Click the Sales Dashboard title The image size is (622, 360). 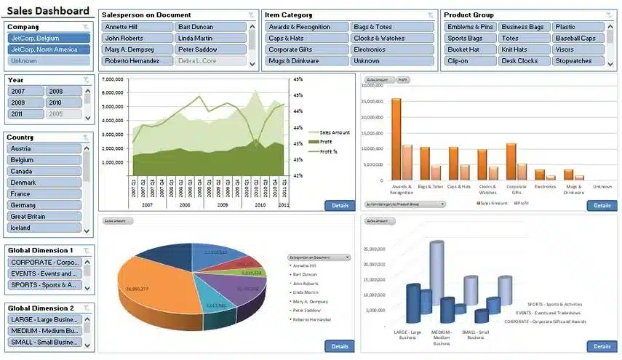point(48,11)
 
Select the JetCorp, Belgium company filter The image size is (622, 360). point(49,38)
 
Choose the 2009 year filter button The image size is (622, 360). point(25,103)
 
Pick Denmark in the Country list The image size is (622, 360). point(44,183)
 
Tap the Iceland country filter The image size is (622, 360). point(44,228)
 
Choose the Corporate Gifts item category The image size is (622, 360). point(306,49)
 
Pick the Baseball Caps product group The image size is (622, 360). point(578,39)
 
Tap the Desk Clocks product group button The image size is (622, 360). point(522,61)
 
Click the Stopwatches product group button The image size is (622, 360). point(578,61)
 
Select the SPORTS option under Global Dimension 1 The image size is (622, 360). point(44,285)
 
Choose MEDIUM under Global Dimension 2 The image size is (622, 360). point(44,331)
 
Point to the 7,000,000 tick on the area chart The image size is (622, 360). point(112,79)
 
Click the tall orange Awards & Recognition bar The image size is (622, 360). point(396,139)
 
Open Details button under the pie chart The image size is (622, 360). point(340,346)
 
